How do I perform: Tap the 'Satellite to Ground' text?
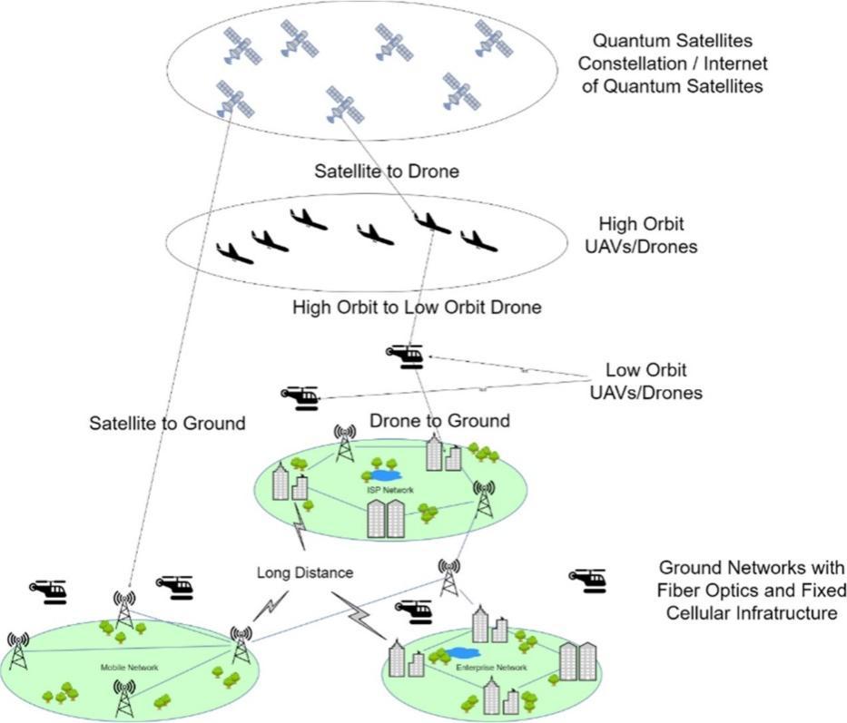click(167, 423)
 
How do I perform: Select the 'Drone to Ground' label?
click(439, 421)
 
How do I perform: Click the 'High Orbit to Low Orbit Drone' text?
click(417, 308)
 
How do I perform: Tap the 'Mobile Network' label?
click(129, 668)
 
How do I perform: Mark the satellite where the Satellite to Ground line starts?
click(235, 99)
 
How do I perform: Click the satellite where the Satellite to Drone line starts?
click(344, 105)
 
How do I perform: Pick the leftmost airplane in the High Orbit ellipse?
click(234, 252)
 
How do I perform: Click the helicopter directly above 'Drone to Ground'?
click(405, 357)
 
